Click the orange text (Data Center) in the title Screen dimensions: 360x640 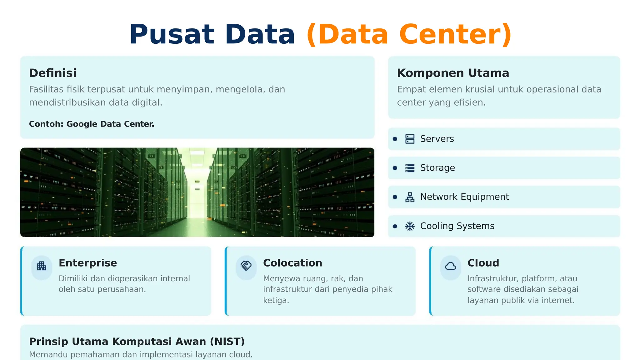pyautogui.click(x=409, y=34)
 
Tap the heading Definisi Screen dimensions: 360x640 pyautogui.click(x=52, y=73)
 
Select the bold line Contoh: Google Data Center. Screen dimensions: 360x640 pyautogui.click(x=92, y=124)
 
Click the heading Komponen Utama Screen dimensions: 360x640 pyautogui.click(x=453, y=73)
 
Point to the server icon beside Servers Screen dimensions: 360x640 pyautogui.click(x=410, y=139)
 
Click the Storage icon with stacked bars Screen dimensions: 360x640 pyautogui.click(x=410, y=168)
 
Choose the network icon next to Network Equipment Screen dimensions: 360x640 pyautogui.click(x=410, y=197)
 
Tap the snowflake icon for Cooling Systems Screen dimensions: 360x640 pyautogui.click(x=410, y=226)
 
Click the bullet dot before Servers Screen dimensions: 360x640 pyautogui.click(x=395, y=139)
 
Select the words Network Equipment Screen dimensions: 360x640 pyautogui.click(x=464, y=197)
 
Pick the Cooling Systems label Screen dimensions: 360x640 pyautogui.click(x=457, y=226)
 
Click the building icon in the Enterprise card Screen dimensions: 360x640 pyautogui.click(x=42, y=266)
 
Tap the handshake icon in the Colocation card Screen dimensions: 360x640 pyautogui.click(x=246, y=266)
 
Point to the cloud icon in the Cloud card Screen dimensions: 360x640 pyautogui.click(x=450, y=266)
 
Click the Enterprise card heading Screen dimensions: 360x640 pyautogui.click(x=88, y=263)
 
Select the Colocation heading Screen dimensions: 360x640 pyautogui.click(x=292, y=263)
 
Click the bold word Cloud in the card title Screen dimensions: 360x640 pyautogui.click(x=483, y=263)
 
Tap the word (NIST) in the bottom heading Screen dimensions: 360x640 pyautogui.click(x=227, y=342)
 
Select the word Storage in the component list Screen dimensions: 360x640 pyautogui.click(x=437, y=168)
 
